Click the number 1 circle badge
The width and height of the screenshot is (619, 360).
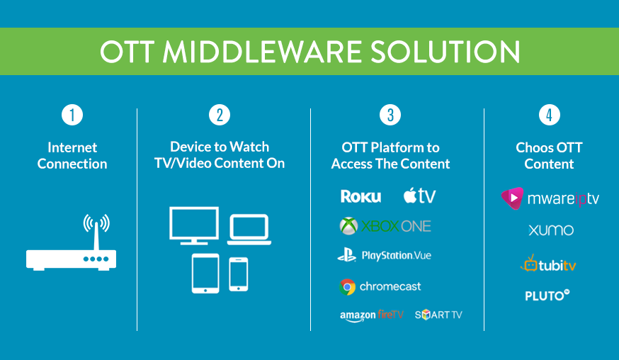point(72,115)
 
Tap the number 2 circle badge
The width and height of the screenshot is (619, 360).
point(220,115)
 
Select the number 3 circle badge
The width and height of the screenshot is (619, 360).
point(390,115)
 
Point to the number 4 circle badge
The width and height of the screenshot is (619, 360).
point(549,115)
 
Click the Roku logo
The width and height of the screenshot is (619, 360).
point(360,196)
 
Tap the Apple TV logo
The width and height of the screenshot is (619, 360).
point(420,195)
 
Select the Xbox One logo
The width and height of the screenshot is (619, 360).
point(385,226)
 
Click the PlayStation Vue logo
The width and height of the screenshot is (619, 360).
point(384,255)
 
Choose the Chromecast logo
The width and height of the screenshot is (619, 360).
point(380,287)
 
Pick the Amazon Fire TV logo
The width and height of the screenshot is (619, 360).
point(372,315)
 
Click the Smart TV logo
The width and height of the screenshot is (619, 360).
point(438,315)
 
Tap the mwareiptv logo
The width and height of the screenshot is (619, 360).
point(550,198)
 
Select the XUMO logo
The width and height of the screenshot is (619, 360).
point(551,230)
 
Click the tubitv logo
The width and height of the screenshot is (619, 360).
point(548,264)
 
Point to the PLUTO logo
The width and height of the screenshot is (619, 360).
point(547,296)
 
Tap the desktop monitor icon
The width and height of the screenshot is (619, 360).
point(194,225)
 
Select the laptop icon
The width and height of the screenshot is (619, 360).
point(249,230)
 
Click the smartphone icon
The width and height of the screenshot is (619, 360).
point(239,274)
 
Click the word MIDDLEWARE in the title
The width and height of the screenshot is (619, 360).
point(262,52)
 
